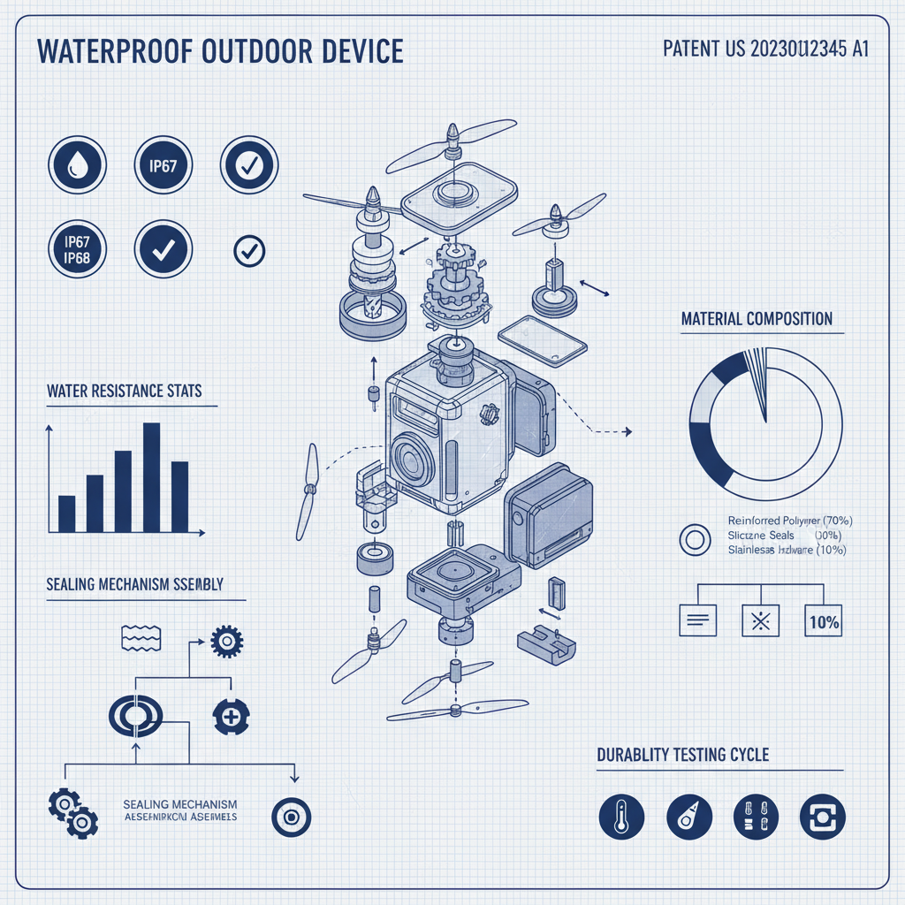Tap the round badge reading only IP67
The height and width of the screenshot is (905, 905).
click(x=164, y=164)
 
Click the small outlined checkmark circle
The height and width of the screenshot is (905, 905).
click(x=249, y=251)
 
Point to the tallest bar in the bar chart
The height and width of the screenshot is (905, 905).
click(x=151, y=476)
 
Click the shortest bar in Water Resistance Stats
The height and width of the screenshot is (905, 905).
click(x=66, y=513)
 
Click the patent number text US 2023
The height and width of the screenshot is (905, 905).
click(x=765, y=49)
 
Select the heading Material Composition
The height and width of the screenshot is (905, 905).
click(x=757, y=318)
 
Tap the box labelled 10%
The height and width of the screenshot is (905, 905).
click(x=823, y=621)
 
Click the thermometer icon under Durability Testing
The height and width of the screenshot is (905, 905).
click(x=621, y=815)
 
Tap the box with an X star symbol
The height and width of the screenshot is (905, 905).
click(x=759, y=621)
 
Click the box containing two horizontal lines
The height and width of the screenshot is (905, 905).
click(x=696, y=621)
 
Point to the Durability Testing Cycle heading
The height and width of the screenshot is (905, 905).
click(x=683, y=755)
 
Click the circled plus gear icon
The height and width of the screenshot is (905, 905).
click(x=232, y=715)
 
